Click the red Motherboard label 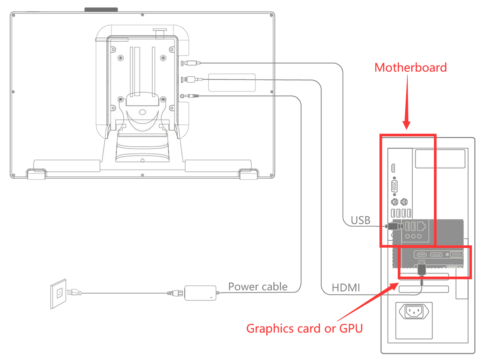[x=410, y=67]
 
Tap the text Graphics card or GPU [x=304, y=328]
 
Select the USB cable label [x=360, y=220]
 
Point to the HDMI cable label [x=346, y=288]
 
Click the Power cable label [x=258, y=286]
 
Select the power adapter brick [x=200, y=293]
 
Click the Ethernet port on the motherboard [x=421, y=226]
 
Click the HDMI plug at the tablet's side [x=190, y=80]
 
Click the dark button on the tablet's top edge [x=101, y=9]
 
